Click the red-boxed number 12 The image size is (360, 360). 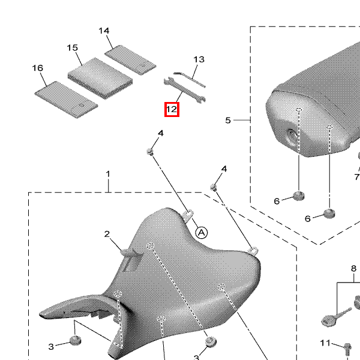coord(172,110)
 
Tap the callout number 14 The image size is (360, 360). coord(104,31)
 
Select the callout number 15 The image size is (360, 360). coord(73,48)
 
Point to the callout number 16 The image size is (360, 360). coord(38,68)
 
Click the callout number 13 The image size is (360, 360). coord(199,59)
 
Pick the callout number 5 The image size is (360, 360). coord(228,120)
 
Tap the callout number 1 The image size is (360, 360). coord(108,174)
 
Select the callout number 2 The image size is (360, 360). coord(107,234)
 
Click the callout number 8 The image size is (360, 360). coord(353,268)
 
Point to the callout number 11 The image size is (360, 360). coord(325,343)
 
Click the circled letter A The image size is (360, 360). coord(202,233)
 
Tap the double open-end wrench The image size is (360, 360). coord(185,91)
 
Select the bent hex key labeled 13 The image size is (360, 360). coord(189,79)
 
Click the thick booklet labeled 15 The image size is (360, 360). coord(100,79)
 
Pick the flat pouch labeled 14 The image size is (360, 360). coord(130,59)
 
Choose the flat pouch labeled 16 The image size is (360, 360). coord(66,100)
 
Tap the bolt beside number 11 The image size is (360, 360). coord(347,349)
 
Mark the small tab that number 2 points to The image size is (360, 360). coord(128,252)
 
